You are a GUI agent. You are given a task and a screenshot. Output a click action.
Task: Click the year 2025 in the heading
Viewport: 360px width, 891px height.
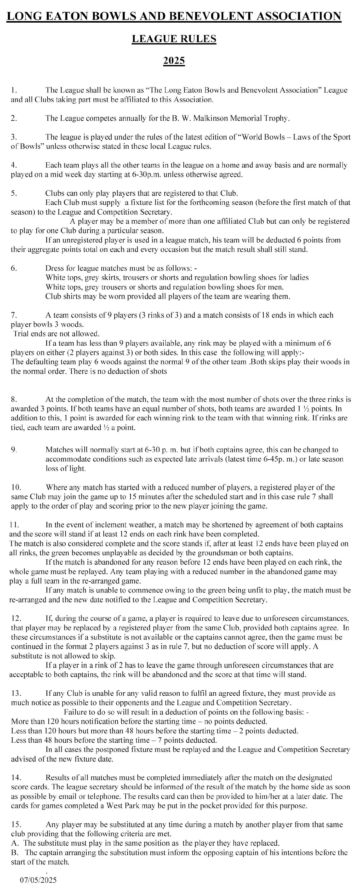[x=174, y=61]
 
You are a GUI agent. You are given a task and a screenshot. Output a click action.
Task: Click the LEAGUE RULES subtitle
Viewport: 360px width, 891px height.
[x=174, y=39]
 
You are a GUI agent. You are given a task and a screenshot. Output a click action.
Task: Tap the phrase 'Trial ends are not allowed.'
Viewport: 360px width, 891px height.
[x=56, y=334]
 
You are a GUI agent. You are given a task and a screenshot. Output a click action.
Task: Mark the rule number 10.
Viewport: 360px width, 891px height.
[x=16, y=487]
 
